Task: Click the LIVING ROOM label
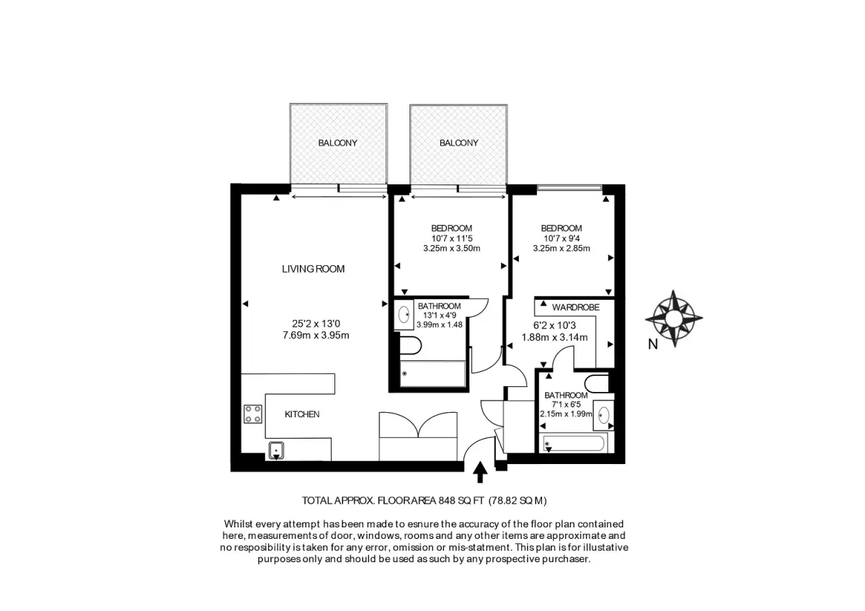tap(313, 269)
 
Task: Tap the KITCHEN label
tap(302, 414)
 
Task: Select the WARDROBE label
tap(576, 307)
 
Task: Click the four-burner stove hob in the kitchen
tap(253, 414)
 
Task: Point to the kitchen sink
tap(276, 450)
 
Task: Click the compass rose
tap(674, 318)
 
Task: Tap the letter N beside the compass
tap(652, 344)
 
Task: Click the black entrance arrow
tap(480, 472)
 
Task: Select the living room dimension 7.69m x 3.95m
tap(316, 336)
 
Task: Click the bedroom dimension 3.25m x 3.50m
tap(452, 248)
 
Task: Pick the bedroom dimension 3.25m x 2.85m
tap(562, 248)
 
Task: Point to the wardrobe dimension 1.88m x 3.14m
tap(554, 337)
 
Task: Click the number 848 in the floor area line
tap(447, 501)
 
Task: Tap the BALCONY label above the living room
tap(337, 143)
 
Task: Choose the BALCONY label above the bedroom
tap(458, 143)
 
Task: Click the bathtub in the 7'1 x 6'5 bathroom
tap(574, 444)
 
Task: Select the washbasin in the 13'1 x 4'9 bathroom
tap(404, 315)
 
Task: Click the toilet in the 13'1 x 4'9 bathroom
tap(409, 345)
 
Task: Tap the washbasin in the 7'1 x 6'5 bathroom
tap(603, 415)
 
